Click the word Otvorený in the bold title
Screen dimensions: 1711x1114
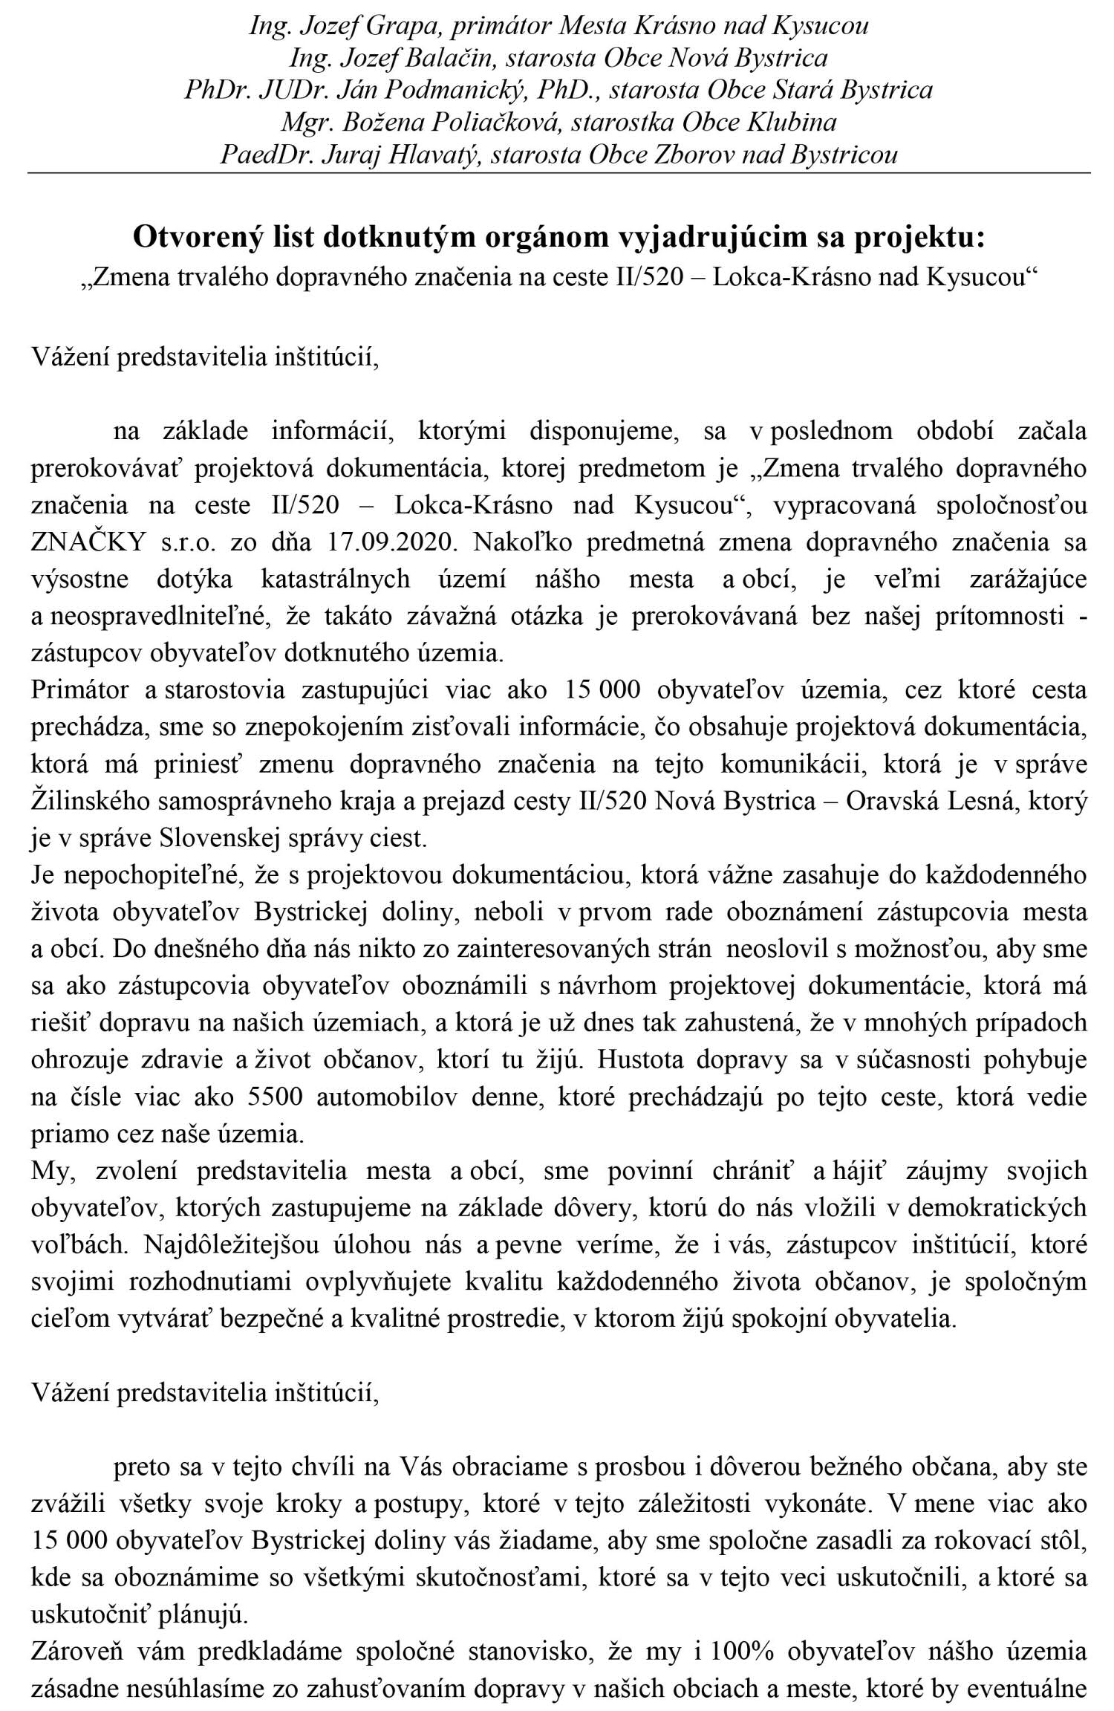pos(192,238)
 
